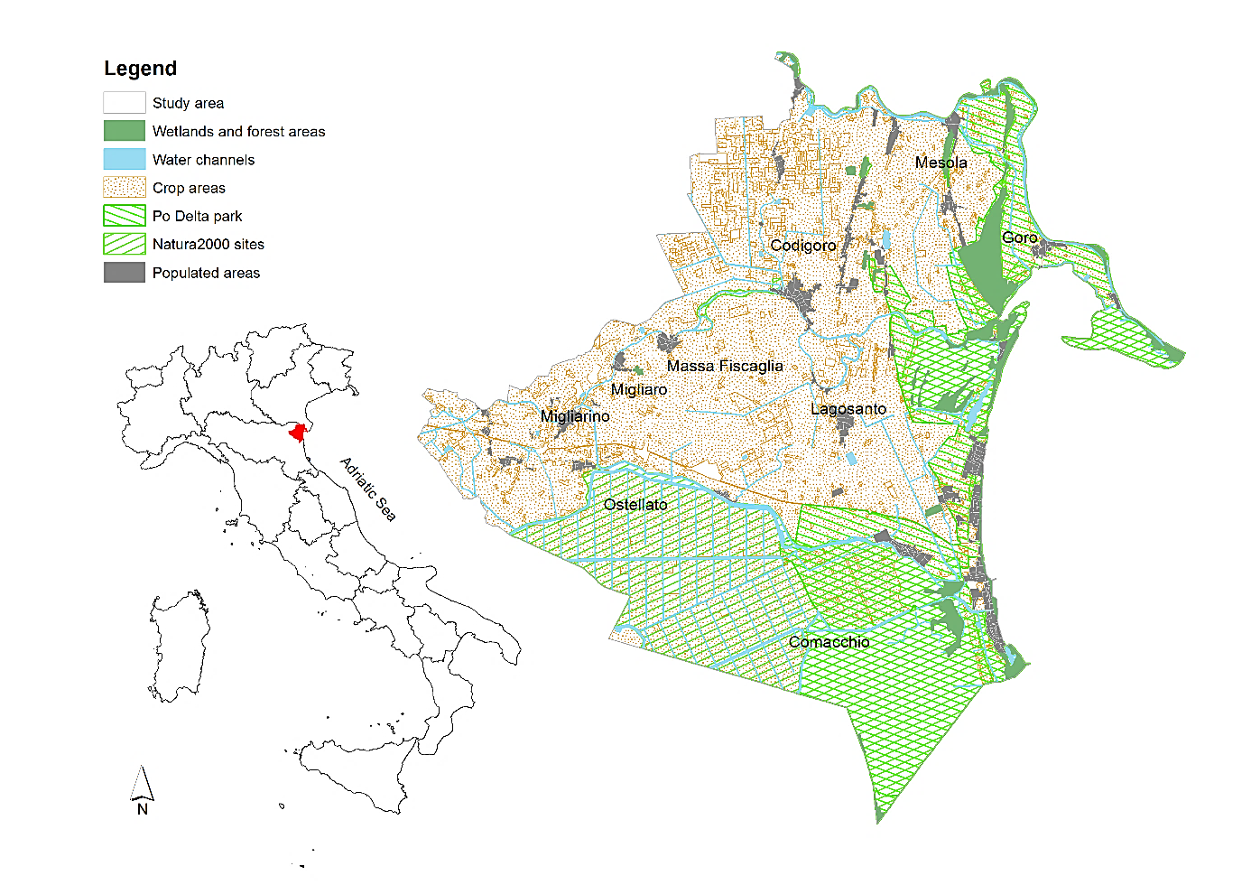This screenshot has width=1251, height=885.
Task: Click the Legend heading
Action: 140,69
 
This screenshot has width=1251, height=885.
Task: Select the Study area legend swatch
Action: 124,103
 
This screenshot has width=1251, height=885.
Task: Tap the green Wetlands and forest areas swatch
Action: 124,131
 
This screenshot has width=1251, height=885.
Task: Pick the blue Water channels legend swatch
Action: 124,159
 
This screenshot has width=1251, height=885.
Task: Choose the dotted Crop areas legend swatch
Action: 124,188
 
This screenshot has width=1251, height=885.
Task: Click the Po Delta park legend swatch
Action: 124,216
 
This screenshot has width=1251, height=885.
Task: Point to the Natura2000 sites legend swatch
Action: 124,244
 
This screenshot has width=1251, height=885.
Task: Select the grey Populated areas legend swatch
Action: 124,273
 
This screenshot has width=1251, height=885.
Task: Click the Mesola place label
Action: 941,163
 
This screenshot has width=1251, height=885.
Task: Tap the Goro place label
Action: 1019,238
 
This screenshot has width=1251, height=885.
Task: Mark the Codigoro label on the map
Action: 802,246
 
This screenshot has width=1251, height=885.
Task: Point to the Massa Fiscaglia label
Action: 725,366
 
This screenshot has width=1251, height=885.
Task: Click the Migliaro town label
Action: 638,389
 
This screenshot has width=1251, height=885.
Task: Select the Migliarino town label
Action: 575,416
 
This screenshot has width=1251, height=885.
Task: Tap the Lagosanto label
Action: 848,409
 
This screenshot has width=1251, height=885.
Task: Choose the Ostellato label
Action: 635,505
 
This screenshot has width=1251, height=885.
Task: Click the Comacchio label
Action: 829,642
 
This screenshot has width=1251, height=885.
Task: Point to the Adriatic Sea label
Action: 367,489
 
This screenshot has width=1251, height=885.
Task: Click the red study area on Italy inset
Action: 296,433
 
